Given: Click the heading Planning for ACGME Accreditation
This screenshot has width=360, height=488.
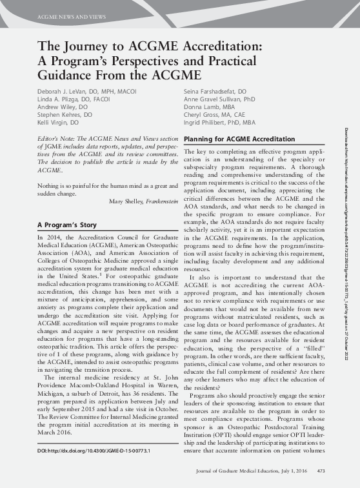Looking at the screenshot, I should click(x=239, y=139).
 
